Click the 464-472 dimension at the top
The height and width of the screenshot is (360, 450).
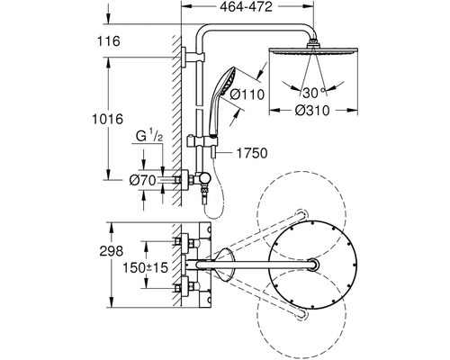pos(246,6)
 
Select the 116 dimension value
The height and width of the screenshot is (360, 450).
pos(108,41)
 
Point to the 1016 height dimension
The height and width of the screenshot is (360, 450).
pos(107,119)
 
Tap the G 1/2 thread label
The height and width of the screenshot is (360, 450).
pos(149,137)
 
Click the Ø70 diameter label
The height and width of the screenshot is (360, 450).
pos(143,181)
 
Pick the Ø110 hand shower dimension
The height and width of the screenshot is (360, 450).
pos(247,94)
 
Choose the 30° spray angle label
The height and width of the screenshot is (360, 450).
pos(314,93)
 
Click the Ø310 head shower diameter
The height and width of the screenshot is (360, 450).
pos(312,111)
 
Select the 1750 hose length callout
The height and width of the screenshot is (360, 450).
pos(252,153)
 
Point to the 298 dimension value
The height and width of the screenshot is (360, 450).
pos(112,251)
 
